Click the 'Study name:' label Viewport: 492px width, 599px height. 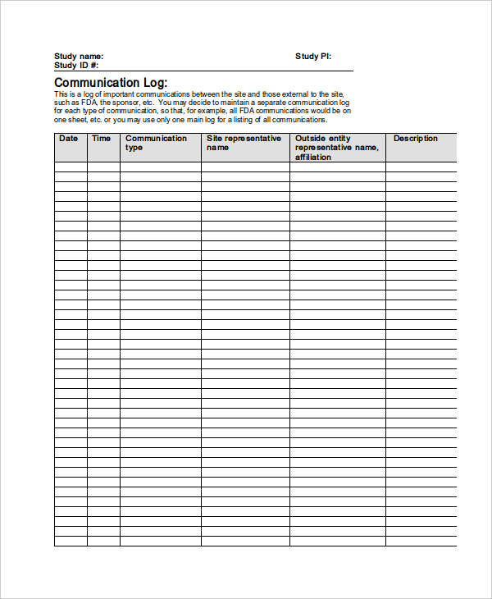pyautogui.click(x=79, y=56)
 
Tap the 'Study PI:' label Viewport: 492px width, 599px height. pyautogui.click(x=313, y=56)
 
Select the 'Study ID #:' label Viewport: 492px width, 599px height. pyautogui.click(x=76, y=65)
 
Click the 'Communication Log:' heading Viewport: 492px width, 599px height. pyautogui.click(x=111, y=83)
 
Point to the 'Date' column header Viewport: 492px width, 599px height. pyautogui.click(x=69, y=139)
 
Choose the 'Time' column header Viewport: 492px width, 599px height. pyautogui.click(x=102, y=139)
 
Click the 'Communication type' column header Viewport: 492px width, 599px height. pyautogui.click(x=156, y=143)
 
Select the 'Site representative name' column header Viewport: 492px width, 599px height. pyautogui.click(x=244, y=143)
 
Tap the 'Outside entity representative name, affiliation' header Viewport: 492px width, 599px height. pyautogui.click(x=336, y=148)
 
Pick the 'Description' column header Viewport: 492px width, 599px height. pyautogui.click(x=416, y=139)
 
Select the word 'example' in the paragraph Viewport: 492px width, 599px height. pyautogui.click(x=209, y=110)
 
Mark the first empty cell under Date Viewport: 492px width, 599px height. pyautogui.click(x=71, y=167)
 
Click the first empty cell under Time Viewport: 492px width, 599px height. pyautogui.click(x=103, y=167)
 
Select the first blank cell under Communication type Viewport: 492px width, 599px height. pyautogui.click(x=160, y=167)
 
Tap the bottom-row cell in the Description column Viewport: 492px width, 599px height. pyautogui.click(x=421, y=541)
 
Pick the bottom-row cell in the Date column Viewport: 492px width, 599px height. pyautogui.click(x=71, y=541)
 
